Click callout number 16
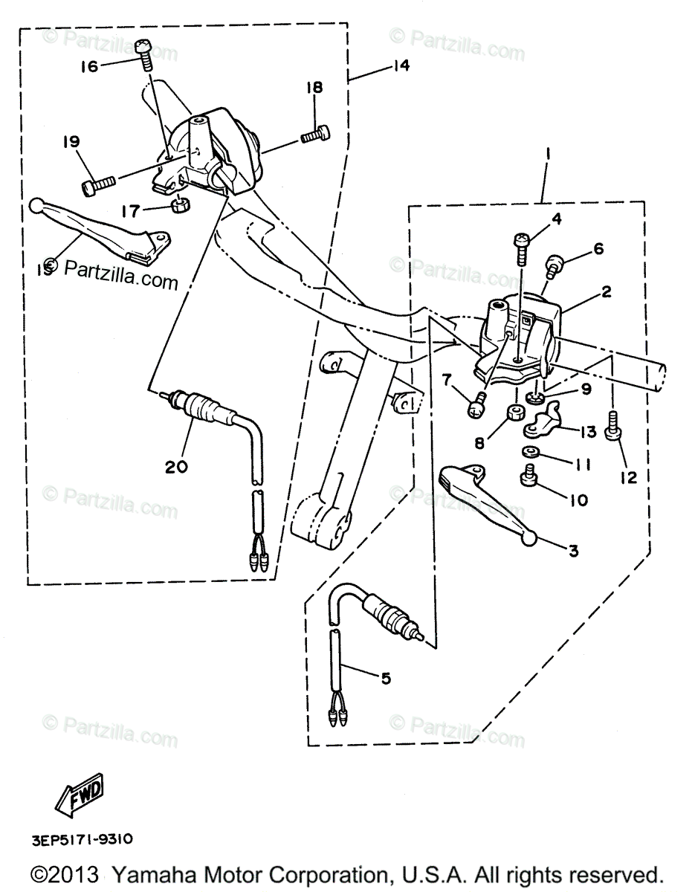(x=88, y=67)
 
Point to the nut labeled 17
(x=178, y=204)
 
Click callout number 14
(x=401, y=65)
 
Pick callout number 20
(x=176, y=467)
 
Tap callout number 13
(x=588, y=433)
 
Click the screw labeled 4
(x=520, y=248)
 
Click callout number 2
(x=607, y=292)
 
